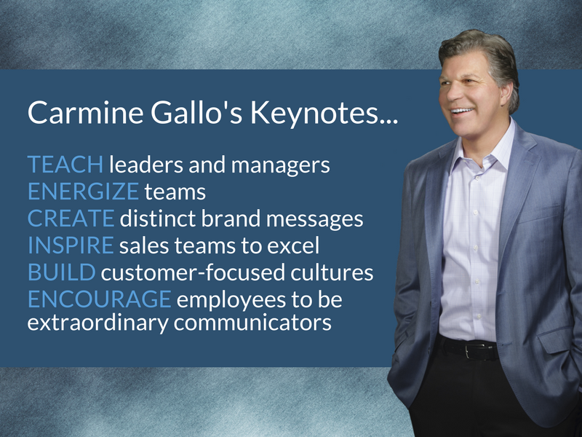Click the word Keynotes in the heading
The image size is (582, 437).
(324, 113)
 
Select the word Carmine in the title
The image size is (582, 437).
(85, 112)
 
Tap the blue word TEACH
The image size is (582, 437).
(65, 165)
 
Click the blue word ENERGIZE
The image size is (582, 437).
(84, 191)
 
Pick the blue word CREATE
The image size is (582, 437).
(71, 218)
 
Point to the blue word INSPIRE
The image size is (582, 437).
(71, 245)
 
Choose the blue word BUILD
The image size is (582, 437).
(62, 272)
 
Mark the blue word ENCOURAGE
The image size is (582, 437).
(100, 299)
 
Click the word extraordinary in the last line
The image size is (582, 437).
(98, 323)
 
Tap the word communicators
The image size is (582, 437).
(252, 322)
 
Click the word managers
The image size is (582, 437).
(280, 166)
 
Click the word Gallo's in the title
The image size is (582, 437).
(196, 112)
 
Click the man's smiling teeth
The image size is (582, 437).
(462, 111)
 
